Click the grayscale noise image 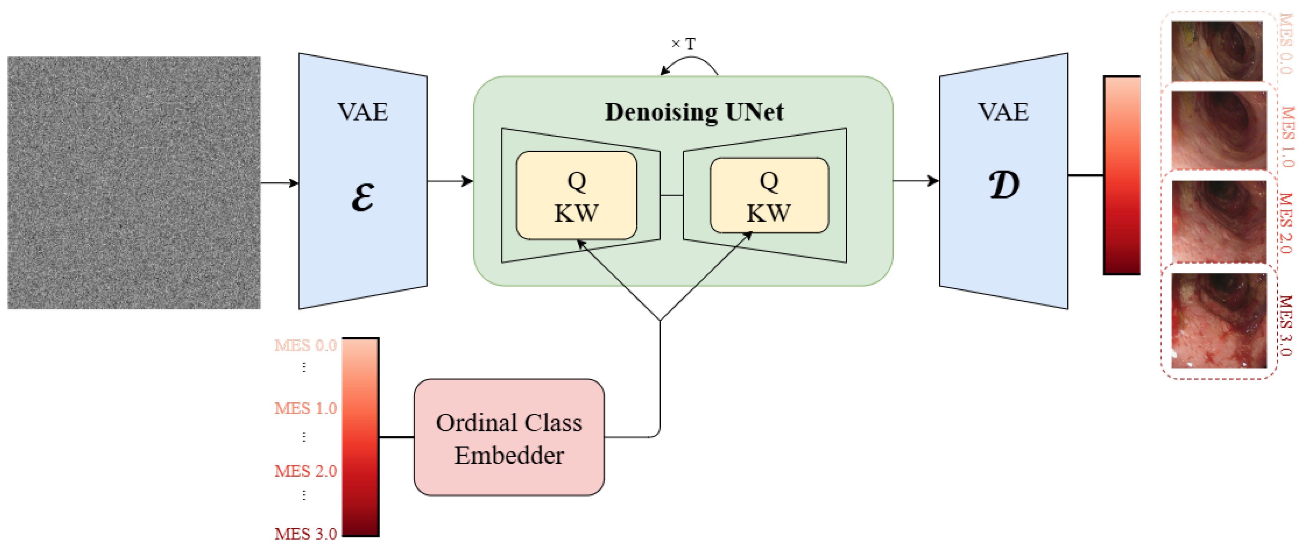(134, 183)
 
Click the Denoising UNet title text (694, 112)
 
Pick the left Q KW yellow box (576, 196)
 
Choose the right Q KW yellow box (769, 196)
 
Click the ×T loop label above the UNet (684, 44)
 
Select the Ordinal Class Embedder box (509, 437)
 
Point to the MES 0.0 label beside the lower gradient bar (305, 346)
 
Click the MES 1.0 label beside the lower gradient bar (305, 408)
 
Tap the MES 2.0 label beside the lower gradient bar (305, 471)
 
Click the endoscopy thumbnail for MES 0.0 (1217, 50)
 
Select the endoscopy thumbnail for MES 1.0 (1219, 130)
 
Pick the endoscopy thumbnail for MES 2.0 (1219, 221)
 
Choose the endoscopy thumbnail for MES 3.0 (1219, 320)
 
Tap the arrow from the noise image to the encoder (279, 183)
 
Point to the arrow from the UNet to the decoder (916, 180)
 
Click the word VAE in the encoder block (363, 112)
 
